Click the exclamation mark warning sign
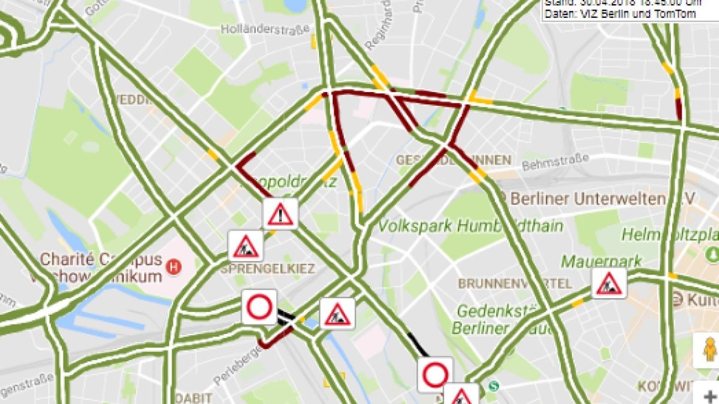point(280,214)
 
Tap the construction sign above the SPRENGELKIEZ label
point(246,245)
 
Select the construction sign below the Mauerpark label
point(609,283)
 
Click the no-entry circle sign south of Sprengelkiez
point(259,307)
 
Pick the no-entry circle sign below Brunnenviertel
point(436,375)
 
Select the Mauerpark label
point(601,261)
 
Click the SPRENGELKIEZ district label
point(267,269)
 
